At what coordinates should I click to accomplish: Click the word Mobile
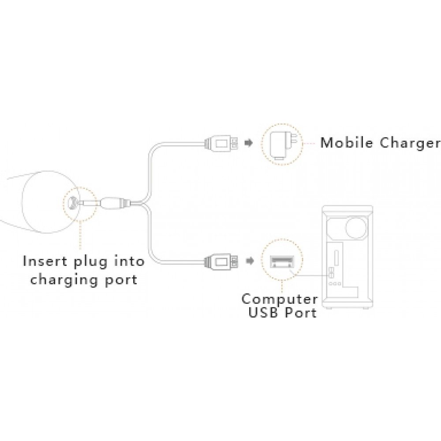pos(347,142)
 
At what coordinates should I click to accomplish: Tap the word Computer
pos(280,299)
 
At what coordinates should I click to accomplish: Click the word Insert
pos(45,261)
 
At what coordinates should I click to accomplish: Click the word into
pos(129,261)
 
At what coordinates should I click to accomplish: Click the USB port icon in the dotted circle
pos(282,262)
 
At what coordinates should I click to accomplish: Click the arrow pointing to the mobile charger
pos(249,143)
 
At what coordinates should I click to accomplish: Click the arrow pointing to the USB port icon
pos(250,262)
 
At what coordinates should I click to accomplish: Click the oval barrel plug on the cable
pos(114,203)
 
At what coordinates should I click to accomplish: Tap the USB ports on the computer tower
pos(331,272)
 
